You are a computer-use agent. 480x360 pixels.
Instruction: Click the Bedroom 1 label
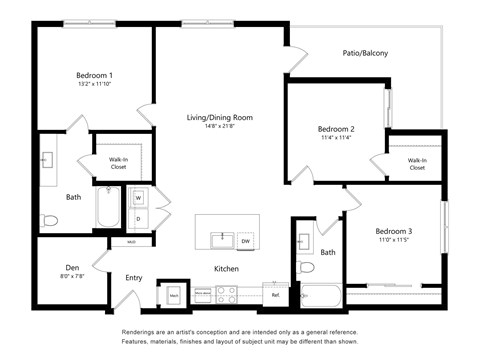(x=95, y=75)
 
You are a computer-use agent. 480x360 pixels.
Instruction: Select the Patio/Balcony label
(x=365, y=53)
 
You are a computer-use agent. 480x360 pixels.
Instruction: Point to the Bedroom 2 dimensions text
(x=336, y=139)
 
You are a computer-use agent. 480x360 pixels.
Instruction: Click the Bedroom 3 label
(x=394, y=231)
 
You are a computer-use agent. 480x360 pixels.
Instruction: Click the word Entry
(x=133, y=278)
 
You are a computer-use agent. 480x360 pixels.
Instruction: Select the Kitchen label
(x=226, y=268)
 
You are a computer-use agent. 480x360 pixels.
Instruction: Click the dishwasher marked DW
(x=245, y=241)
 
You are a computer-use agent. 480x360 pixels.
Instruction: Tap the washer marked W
(x=139, y=197)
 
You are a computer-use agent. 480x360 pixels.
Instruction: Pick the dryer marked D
(x=139, y=217)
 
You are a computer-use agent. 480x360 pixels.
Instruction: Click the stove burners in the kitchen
(x=227, y=295)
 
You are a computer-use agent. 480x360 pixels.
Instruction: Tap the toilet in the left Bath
(x=49, y=220)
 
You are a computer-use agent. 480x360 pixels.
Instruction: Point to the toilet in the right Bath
(x=306, y=267)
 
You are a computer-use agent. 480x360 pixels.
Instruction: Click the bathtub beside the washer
(x=108, y=207)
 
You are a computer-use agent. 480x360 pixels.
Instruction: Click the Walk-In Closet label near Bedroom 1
(x=118, y=160)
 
